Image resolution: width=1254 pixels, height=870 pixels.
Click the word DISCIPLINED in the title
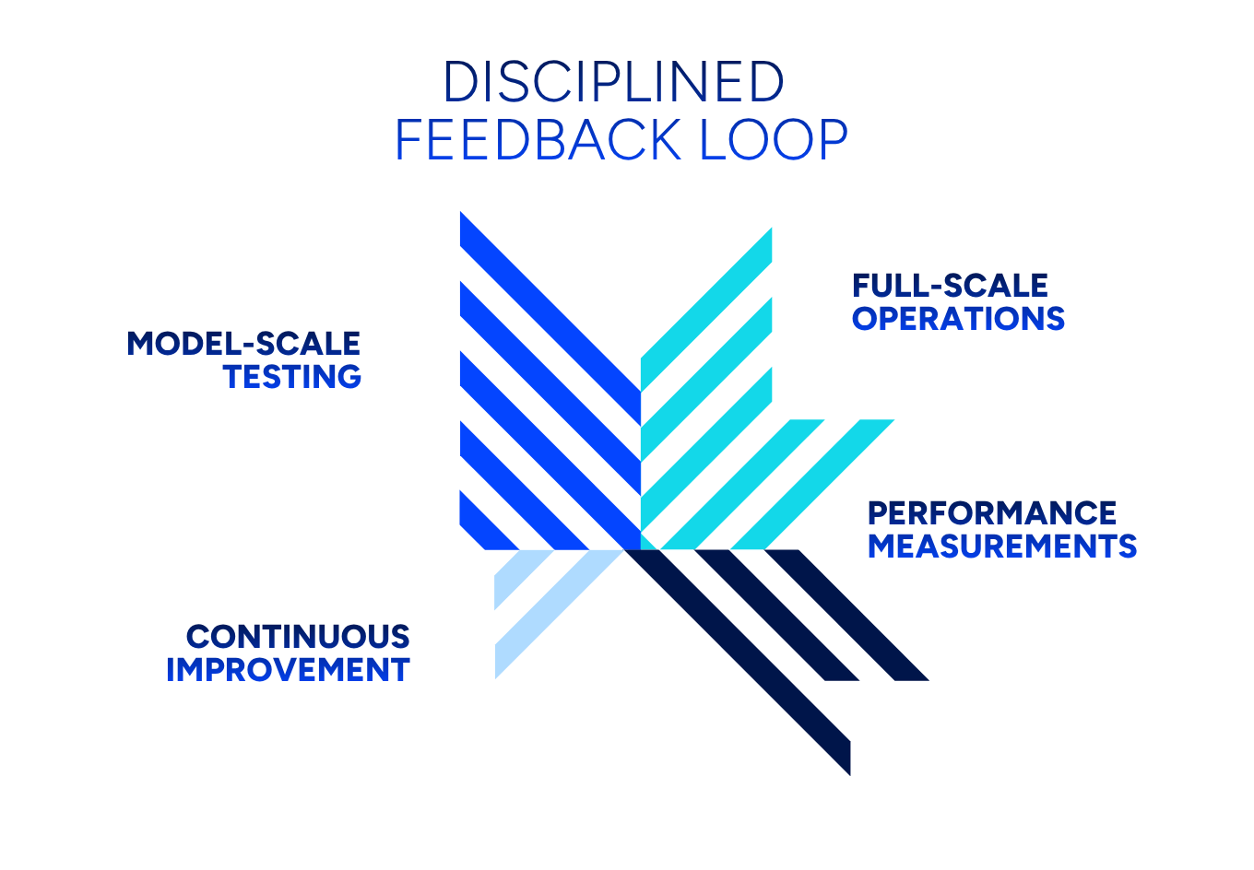pos(613,82)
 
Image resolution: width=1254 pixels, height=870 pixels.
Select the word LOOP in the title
pos(774,141)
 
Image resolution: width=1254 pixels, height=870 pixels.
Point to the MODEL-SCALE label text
pos(243,344)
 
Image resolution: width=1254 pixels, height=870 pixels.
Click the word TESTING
pos(292,377)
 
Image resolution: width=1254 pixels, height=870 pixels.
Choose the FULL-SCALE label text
pos(950,286)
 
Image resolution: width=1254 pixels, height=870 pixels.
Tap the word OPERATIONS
pos(958,319)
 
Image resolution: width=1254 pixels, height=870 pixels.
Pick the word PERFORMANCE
pos(992,513)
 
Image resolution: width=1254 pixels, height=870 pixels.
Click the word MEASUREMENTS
pos(1002,547)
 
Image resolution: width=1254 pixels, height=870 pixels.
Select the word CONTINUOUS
pos(298,637)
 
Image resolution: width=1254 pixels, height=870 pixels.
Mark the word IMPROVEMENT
pos(288,670)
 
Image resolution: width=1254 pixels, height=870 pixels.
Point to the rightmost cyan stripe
pos(811,485)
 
